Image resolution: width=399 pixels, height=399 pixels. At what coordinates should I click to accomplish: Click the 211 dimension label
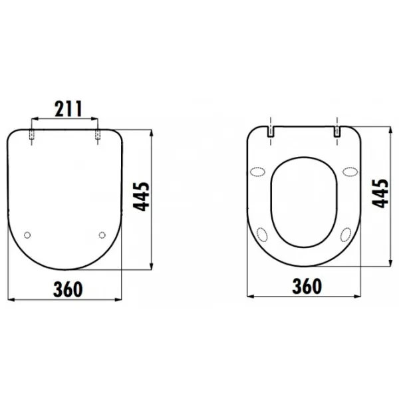click(x=68, y=108)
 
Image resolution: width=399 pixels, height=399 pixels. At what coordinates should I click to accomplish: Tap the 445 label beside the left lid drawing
click(x=142, y=197)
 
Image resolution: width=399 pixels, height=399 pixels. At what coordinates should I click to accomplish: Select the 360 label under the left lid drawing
click(x=68, y=289)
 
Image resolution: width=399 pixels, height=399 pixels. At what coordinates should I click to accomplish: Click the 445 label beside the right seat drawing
click(x=380, y=194)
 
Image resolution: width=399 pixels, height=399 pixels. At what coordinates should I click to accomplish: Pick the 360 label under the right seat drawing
click(x=307, y=286)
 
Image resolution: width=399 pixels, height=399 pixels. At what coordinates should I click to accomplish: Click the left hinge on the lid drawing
click(x=32, y=135)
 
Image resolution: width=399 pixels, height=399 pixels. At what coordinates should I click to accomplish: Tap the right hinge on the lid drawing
click(x=98, y=135)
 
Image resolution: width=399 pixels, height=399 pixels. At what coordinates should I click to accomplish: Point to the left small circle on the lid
click(x=27, y=235)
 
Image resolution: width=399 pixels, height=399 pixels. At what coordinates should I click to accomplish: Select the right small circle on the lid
click(x=102, y=235)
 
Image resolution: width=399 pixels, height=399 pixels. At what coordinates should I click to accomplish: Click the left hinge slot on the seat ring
click(x=271, y=132)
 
